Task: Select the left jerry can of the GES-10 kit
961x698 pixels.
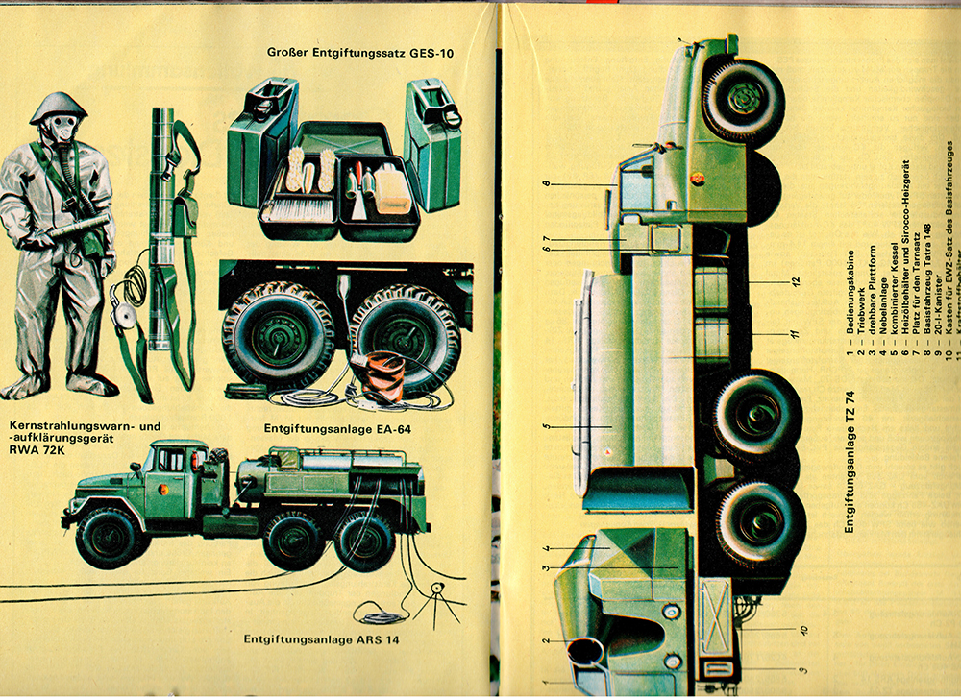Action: click(x=261, y=149)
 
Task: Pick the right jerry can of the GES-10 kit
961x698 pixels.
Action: click(x=432, y=144)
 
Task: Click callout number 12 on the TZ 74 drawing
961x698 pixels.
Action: click(x=796, y=281)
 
